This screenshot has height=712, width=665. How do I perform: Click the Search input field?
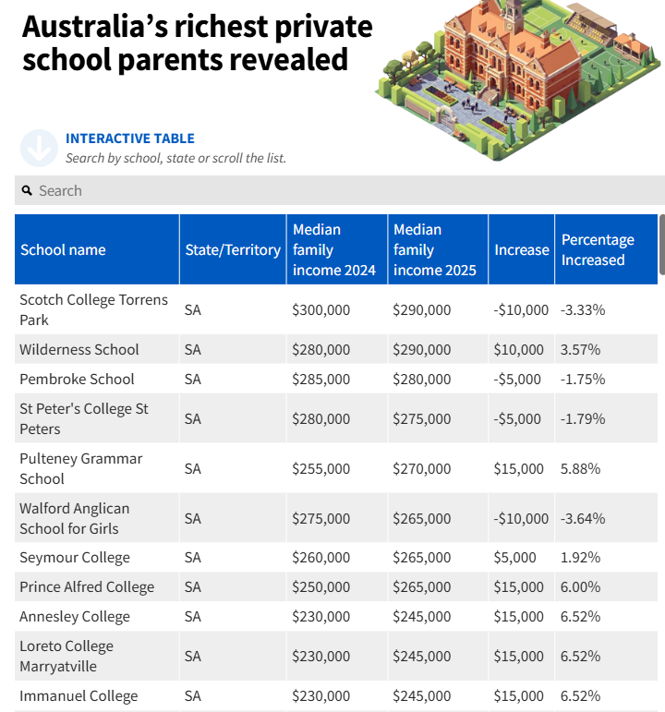tap(340, 190)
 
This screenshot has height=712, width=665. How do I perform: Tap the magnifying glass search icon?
tap(28, 191)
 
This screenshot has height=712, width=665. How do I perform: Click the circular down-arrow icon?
tap(39, 148)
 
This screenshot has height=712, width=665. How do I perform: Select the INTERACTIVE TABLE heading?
tap(130, 139)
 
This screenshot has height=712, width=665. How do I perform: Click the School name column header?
tap(63, 249)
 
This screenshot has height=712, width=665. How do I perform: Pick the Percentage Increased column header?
tap(598, 249)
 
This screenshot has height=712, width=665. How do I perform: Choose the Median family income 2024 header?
tap(334, 249)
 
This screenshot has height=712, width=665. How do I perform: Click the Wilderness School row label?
tap(79, 350)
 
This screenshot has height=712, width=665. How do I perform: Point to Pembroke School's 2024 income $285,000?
tap(321, 380)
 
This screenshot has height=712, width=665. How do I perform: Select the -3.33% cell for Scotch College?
tap(583, 310)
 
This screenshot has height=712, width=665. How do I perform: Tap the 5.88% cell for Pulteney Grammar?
tap(581, 468)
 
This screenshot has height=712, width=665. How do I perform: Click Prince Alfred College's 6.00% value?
tap(581, 587)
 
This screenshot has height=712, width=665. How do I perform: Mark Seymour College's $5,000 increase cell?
tap(515, 558)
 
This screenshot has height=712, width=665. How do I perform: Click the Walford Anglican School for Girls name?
tap(75, 519)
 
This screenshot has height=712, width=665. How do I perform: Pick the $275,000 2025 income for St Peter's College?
tap(422, 418)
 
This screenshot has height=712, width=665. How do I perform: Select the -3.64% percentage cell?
tap(583, 519)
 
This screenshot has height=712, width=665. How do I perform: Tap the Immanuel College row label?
tap(79, 696)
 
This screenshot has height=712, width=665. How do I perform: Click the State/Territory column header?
tap(233, 249)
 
